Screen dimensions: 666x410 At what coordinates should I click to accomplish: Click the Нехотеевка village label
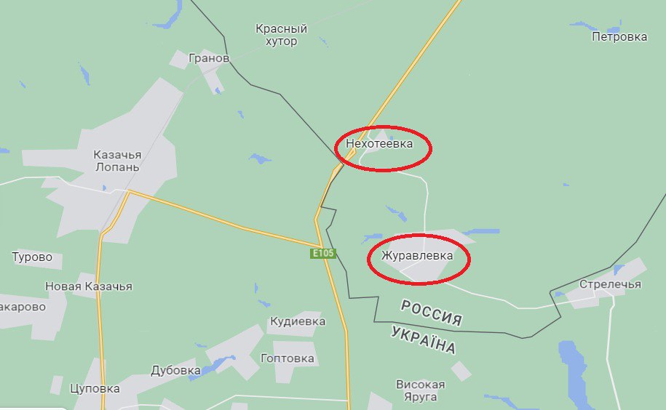click(379, 144)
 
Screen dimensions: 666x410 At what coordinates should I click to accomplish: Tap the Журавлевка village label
click(417, 256)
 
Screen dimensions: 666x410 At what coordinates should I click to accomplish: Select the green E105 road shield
click(322, 253)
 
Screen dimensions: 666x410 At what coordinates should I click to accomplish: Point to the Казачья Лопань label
click(116, 161)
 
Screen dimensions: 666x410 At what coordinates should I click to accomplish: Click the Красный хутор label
click(281, 35)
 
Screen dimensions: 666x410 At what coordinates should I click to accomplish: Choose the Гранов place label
click(209, 58)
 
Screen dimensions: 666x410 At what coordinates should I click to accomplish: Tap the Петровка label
click(619, 36)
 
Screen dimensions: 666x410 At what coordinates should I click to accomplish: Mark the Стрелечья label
click(610, 284)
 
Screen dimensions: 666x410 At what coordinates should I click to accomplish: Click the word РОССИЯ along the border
click(432, 313)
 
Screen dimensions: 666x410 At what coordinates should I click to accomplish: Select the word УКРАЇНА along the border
click(423, 339)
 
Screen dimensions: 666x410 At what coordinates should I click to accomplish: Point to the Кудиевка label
click(298, 321)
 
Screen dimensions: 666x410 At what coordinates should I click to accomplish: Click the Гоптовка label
click(288, 358)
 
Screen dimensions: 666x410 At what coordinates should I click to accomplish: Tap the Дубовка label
click(175, 370)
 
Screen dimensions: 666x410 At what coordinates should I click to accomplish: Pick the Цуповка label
click(95, 388)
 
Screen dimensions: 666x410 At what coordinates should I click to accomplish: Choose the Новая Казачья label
click(89, 286)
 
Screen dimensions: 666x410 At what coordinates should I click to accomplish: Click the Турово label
click(32, 257)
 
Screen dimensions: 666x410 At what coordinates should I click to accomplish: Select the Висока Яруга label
click(420, 390)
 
